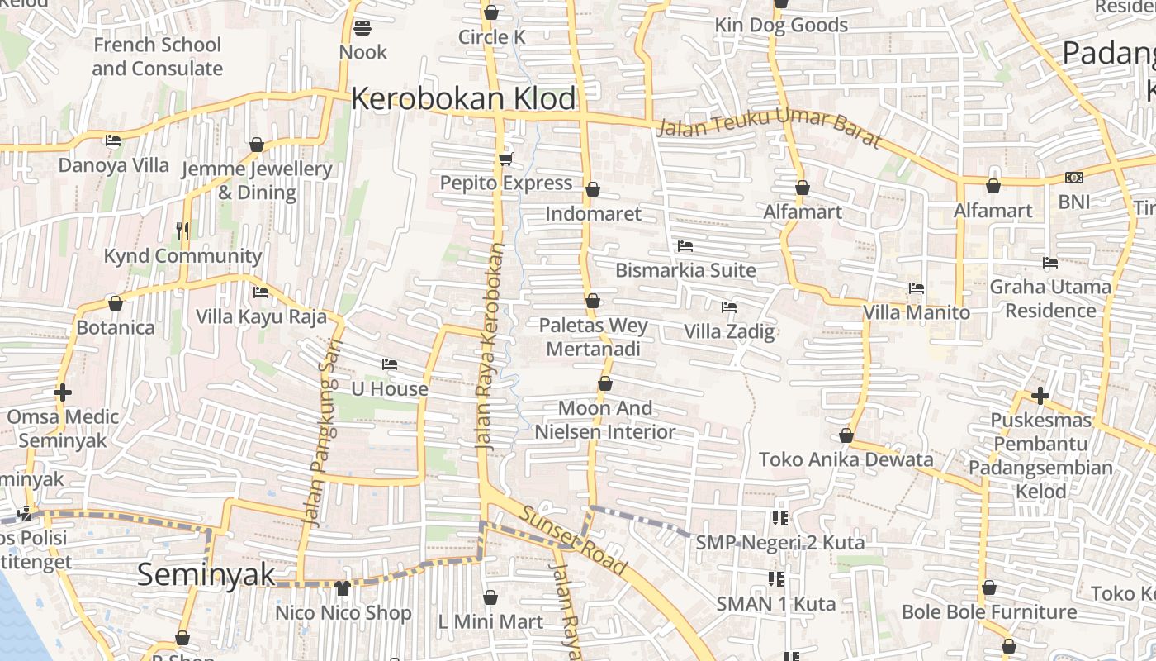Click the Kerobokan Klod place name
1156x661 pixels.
point(463,99)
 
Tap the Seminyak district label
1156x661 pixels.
point(206,574)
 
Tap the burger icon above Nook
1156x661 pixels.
point(362,28)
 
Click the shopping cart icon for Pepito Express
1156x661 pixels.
point(505,159)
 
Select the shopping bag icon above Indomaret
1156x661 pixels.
point(592,190)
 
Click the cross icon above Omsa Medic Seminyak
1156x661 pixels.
point(63,392)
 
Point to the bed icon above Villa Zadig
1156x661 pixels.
point(728,307)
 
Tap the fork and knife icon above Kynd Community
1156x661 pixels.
point(182,231)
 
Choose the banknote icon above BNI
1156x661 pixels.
point(1073,178)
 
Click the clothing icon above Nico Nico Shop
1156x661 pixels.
point(343,588)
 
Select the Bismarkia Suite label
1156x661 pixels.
point(685,270)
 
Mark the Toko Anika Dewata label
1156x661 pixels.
point(846,459)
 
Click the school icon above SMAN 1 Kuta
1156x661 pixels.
point(775,578)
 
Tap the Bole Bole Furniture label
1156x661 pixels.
point(988,612)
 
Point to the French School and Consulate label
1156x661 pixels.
point(157,56)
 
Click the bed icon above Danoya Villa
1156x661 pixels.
point(113,140)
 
